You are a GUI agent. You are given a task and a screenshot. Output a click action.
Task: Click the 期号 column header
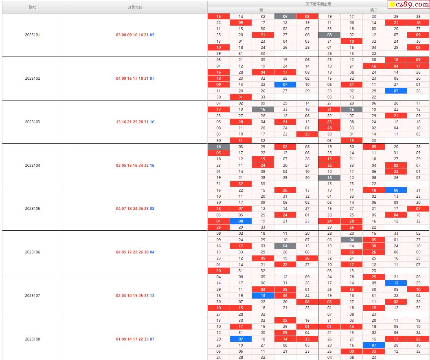click(x=33, y=7)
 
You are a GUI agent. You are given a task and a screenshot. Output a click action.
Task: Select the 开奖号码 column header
click(x=135, y=7)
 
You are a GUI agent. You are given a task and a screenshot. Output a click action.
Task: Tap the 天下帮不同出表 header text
click(x=318, y=4)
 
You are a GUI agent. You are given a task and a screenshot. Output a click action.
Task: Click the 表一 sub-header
click(x=263, y=10)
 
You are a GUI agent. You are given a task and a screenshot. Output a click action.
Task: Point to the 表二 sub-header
click(x=373, y=10)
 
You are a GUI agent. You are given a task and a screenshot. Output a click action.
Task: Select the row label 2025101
click(x=33, y=35)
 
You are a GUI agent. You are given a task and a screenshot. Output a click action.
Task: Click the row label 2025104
click(x=33, y=166)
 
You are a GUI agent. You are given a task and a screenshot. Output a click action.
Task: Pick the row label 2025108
click(x=33, y=339)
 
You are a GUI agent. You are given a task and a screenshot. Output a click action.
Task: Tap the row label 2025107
click(x=33, y=296)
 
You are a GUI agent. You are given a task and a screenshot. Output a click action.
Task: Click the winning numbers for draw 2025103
click(x=135, y=122)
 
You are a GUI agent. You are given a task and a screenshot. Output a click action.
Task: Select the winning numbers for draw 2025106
click(x=135, y=252)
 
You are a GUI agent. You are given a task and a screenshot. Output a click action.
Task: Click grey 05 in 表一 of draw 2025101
click(x=285, y=17)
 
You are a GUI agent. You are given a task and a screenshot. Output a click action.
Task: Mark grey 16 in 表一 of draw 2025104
click(x=219, y=147)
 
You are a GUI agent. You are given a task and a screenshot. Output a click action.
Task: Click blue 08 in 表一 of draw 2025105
click(x=241, y=221)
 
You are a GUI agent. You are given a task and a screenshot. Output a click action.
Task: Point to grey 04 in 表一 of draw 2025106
click(x=285, y=246)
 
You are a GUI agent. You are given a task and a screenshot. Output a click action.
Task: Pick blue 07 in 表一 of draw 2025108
click(x=241, y=339)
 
